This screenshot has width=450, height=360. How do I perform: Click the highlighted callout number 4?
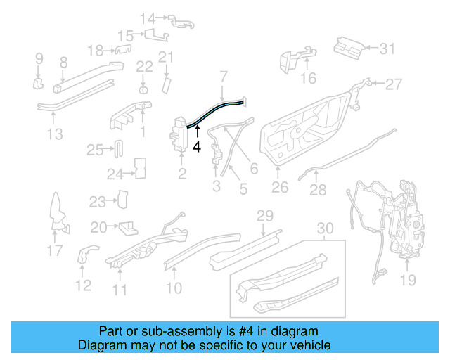pos(197,147)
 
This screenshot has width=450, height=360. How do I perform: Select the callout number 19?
pos(408,281)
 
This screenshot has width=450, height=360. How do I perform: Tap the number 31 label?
pos(388,49)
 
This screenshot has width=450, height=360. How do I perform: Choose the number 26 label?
pos(280,188)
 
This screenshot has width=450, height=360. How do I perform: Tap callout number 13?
pos(55,134)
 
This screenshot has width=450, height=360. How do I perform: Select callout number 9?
pos(39,58)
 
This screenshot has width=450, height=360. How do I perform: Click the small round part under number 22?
pos(143,89)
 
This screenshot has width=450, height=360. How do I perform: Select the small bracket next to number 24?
pos(139,167)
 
